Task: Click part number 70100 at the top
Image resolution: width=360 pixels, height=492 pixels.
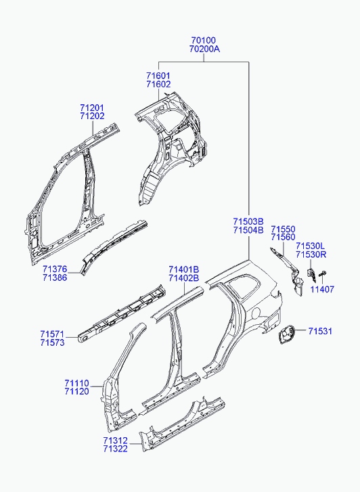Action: [204, 41]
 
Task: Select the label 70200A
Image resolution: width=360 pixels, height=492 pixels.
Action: [204, 49]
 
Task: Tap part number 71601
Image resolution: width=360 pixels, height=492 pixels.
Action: [158, 76]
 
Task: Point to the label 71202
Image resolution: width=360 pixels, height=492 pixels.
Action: [92, 116]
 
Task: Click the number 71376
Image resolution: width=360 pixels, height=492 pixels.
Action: [55, 269]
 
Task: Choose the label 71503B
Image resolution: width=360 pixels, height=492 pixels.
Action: [248, 221]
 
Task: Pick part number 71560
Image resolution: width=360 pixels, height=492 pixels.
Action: [283, 238]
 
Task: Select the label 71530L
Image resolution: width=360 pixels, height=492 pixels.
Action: [311, 246]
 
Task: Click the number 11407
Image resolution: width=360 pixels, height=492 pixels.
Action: [322, 289]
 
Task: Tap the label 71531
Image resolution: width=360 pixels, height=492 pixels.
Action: [320, 331]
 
